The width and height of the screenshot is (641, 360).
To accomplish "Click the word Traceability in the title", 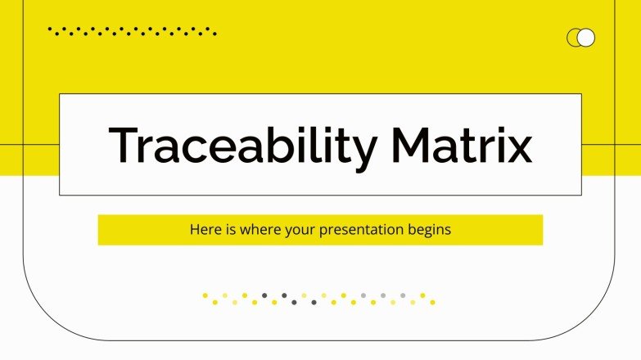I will pyautogui.click(x=242, y=146).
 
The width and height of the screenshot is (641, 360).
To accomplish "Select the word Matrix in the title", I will pyautogui.click(x=462, y=146).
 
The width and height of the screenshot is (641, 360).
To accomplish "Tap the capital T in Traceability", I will pyautogui.click(x=123, y=146).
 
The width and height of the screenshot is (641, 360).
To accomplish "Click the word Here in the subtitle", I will pyautogui.click(x=204, y=230).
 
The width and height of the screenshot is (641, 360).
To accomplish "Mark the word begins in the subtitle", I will pyautogui.click(x=430, y=230).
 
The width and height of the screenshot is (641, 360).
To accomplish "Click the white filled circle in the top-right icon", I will pyautogui.click(x=586, y=38).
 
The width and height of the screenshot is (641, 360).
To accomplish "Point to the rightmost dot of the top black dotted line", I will pyautogui.click(x=215, y=34).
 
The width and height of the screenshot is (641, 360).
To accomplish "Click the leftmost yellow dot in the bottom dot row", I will pyautogui.click(x=205, y=295).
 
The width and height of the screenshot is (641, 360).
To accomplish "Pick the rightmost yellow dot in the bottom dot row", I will pyautogui.click(x=432, y=302).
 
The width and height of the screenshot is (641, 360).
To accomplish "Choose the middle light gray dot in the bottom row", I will pyautogui.click(x=383, y=295).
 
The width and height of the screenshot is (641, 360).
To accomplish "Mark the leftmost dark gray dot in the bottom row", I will pyautogui.click(x=264, y=295).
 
